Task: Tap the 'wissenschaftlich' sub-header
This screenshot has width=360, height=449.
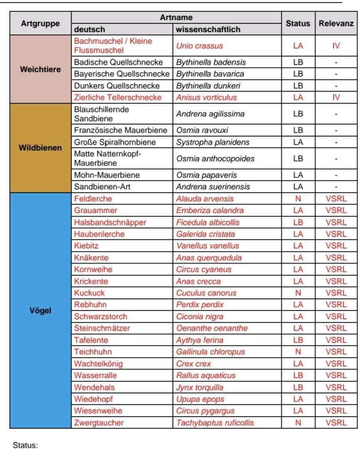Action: pyautogui.click(x=202, y=30)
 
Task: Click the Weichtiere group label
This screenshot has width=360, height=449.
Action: pyautogui.click(x=40, y=69)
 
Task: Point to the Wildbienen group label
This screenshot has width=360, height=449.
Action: pyautogui.click(x=40, y=148)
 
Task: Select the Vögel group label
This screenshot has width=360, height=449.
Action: pyautogui.click(x=40, y=310)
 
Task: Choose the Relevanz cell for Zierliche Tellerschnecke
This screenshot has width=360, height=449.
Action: pyautogui.click(x=336, y=97)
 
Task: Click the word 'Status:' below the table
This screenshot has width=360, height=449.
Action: pyautogui.click(x=25, y=445)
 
